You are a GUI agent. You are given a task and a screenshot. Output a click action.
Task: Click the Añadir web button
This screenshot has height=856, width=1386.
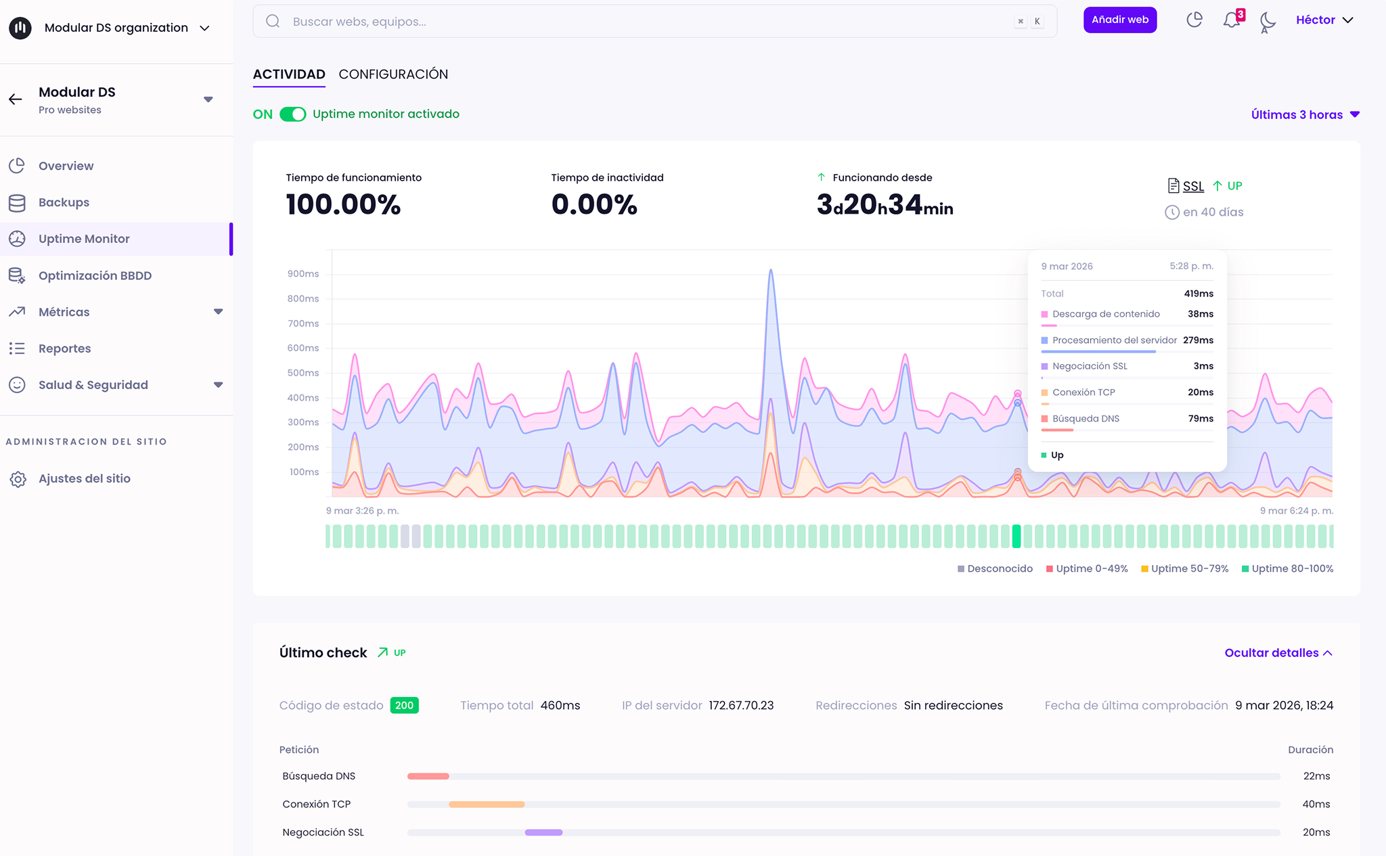point(1120,20)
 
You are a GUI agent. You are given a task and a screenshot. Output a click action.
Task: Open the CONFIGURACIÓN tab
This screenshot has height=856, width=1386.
point(393,74)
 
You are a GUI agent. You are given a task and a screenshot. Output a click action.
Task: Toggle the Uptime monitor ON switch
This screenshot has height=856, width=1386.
point(293,114)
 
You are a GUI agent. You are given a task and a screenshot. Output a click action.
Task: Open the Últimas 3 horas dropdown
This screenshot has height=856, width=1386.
point(1305,115)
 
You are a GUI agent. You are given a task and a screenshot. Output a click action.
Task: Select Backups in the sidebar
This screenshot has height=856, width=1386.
point(64,202)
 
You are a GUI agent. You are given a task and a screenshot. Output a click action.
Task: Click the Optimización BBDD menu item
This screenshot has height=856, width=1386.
point(95,275)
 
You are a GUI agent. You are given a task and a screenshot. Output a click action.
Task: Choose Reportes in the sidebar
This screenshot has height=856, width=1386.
point(64,348)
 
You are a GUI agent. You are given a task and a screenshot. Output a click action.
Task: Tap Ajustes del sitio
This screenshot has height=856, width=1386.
point(84,478)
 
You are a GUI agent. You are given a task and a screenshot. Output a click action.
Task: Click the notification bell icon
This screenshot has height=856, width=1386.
point(1232,20)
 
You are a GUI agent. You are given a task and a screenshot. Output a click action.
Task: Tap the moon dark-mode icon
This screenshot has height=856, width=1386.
point(1268,22)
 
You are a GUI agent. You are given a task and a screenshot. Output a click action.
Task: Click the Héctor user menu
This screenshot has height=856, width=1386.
point(1324,20)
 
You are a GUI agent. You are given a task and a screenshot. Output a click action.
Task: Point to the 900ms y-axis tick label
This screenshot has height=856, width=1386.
point(303,274)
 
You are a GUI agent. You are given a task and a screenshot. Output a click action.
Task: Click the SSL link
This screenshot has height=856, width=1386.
point(1193,186)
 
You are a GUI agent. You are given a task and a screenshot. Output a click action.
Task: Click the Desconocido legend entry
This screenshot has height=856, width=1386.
point(995,569)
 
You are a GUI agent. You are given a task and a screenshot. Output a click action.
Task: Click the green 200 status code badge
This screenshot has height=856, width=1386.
point(404,706)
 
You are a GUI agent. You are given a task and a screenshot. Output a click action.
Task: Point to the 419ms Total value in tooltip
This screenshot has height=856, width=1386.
point(1199,294)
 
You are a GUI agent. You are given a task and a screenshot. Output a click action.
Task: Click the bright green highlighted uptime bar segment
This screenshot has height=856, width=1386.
point(1016,536)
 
